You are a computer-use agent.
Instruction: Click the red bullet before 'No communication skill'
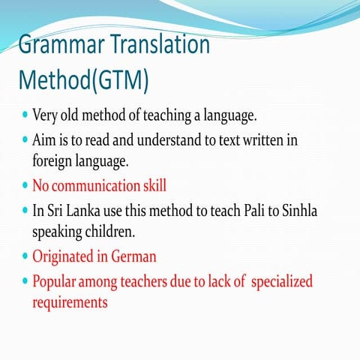[25, 185]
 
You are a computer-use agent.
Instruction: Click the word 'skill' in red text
[152, 185]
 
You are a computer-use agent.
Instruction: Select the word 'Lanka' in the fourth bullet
[85, 211]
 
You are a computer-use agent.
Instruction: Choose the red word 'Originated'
[64, 256]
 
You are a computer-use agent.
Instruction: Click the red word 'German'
[133, 256]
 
